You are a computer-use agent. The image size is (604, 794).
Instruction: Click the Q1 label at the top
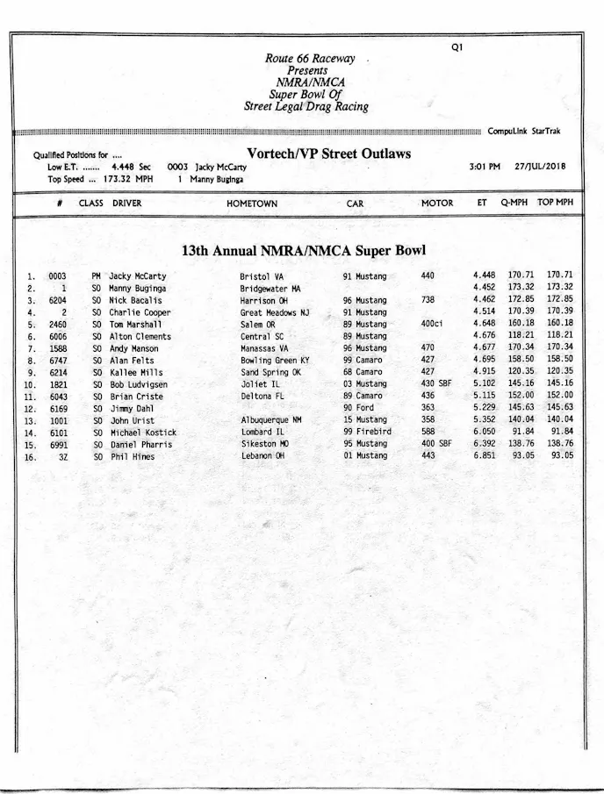[457, 47]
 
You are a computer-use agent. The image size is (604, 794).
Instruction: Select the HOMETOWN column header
[252, 204]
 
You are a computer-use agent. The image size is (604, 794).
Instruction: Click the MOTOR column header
[437, 204]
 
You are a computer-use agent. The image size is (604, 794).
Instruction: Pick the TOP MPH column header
[555, 203]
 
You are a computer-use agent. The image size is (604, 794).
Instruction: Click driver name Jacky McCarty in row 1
[137, 276]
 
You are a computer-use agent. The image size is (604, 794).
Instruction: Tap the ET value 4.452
[484, 288]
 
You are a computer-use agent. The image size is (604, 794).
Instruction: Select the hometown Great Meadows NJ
[274, 312]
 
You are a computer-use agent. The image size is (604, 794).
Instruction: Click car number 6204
[58, 300]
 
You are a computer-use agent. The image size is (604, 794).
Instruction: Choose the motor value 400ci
[432, 324]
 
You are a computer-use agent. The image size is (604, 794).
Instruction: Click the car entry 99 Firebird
[367, 433]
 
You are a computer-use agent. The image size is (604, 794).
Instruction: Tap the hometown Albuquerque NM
[270, 420]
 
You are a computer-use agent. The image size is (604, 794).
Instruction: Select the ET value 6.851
[484, 456]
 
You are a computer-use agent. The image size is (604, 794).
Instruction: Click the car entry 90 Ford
[359, 408]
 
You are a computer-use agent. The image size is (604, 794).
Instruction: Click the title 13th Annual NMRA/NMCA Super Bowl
[303, 251]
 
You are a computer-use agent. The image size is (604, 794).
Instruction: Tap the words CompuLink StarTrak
[523, 132]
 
